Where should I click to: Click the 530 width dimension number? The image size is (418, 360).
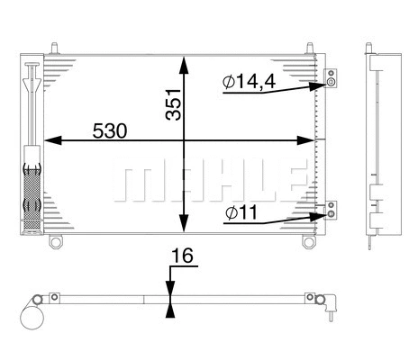point(111,130)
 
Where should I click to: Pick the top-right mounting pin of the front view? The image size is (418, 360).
point(310,45)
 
